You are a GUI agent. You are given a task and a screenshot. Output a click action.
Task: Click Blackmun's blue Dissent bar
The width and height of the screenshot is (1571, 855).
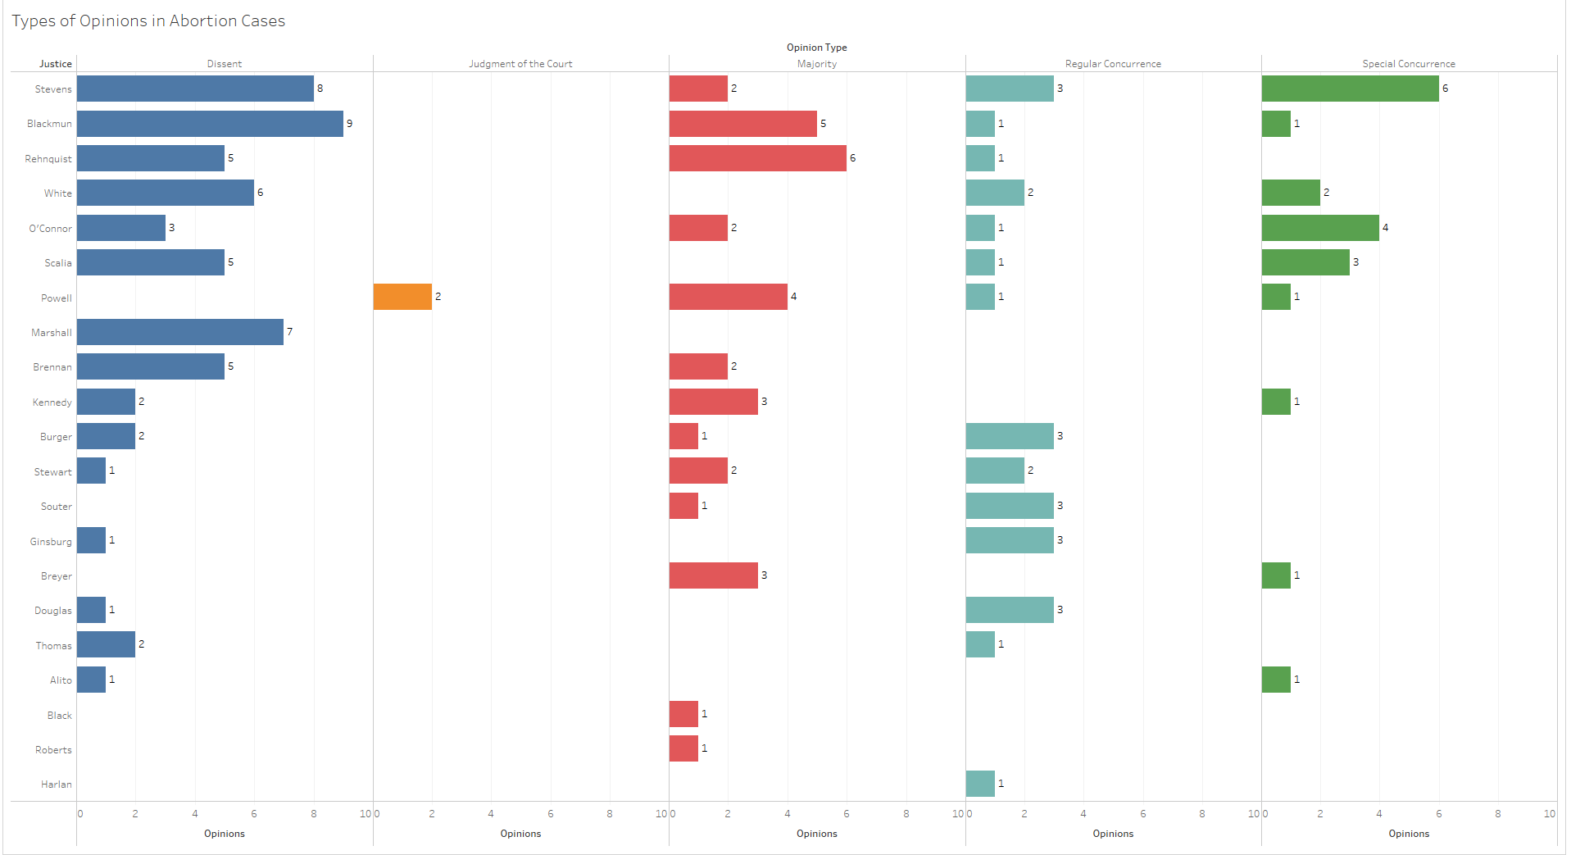tap(210, 124)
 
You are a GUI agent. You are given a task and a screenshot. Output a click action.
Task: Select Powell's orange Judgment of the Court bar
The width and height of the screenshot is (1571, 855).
tap(402, 297)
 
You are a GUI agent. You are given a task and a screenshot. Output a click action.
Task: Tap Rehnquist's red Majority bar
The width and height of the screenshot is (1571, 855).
tap(757, 158)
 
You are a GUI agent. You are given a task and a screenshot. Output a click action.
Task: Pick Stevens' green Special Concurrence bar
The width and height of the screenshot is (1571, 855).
tap(1350, 89)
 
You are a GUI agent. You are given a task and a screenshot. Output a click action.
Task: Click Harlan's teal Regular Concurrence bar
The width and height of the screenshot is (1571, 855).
tap(980, 784)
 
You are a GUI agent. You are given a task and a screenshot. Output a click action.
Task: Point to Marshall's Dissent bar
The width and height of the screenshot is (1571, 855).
tap(180, 332)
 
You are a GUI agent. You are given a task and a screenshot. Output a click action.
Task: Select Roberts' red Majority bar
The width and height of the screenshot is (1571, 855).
tap(683, 748)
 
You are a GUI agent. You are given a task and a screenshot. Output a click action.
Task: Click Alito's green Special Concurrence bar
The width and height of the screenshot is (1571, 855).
tap(1276, 680)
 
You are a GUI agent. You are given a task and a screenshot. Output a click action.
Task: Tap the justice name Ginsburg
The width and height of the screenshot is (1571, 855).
tap(51, 542)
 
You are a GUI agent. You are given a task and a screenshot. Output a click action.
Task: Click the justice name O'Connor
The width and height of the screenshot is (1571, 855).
tap(50, 229)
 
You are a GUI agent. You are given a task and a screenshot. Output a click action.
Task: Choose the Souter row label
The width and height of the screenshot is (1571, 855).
tap(56, 507)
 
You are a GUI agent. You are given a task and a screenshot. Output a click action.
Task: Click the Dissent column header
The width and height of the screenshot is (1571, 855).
tap(225, 64)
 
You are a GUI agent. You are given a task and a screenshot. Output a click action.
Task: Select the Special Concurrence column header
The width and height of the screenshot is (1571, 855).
tap(1409, 64)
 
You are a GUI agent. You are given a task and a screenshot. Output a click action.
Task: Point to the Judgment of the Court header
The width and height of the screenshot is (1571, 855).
tap(520, 64)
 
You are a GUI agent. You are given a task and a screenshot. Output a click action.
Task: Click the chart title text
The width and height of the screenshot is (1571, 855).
tap(148, 21)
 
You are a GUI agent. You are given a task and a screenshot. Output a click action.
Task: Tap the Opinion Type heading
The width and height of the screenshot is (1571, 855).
tap(817, 48)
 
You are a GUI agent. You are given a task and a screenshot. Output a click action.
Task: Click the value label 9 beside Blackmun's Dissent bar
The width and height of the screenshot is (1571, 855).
tap(350, 124)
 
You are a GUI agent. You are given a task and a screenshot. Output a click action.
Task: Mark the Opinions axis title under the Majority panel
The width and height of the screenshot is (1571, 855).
tap(817, 834)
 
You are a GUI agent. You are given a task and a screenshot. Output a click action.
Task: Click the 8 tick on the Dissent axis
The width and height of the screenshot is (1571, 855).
tap(314, 814)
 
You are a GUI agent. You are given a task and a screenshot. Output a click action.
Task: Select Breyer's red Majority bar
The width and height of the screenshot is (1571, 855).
tap(713, 575)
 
